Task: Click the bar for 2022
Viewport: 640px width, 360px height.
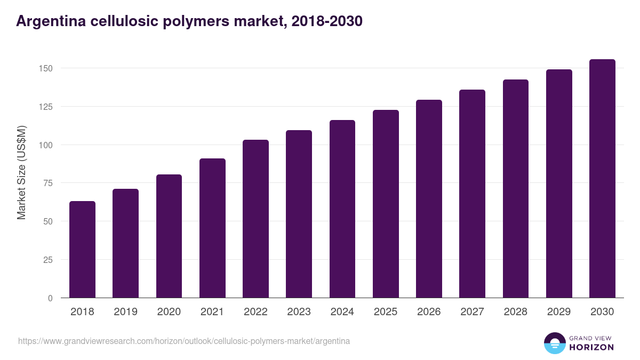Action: pyautogui.click(x=255, y=219)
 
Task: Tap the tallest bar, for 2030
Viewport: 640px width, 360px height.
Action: pyautogui.click(x=602, y=179)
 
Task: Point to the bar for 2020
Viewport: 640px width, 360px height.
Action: pyautogui.click(x=169, y=236)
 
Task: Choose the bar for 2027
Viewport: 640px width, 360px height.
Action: pyautogui.click(x=472, y=194)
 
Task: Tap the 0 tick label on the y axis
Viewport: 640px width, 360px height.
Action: pyautogui.click(x=50, y=298)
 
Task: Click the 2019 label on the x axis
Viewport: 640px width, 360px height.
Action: pyautogui.click(x=125, y=312)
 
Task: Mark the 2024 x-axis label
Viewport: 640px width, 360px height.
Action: pyautogui.click(x=342, y=312)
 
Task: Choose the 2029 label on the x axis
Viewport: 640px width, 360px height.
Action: pyautogui.click(x=558, y=312)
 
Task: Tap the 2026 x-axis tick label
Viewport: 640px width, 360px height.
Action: pyautogui.click(x=429, y=312)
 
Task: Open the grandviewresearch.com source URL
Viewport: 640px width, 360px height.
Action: pyautogui.click(x=184, y=341)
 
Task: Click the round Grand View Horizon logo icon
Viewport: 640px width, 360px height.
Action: pyautogui.click(x=554, y=343)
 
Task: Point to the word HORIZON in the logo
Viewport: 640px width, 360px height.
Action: pyautogui.click(x=592, y=347)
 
